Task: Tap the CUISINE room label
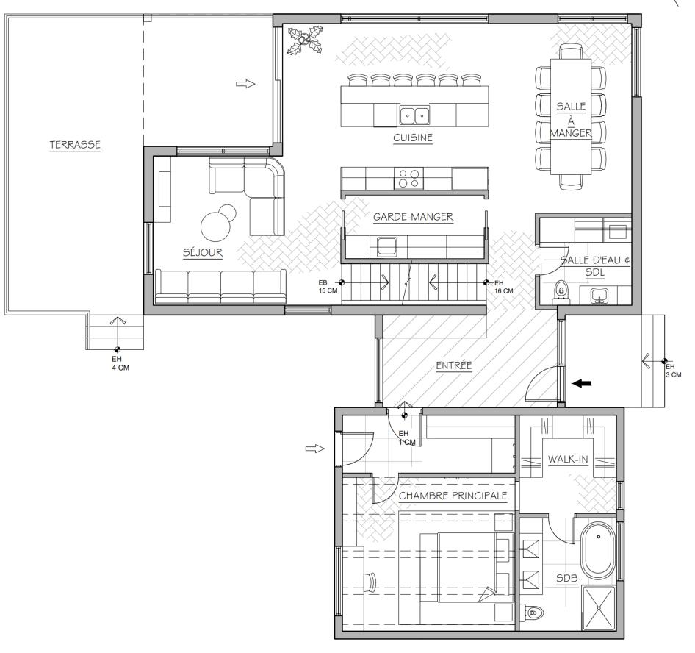click(x=411, y=137)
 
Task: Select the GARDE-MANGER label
click(x=412, y=217)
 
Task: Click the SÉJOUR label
click(x=202, y=253)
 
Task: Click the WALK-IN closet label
click(x=568, y=460)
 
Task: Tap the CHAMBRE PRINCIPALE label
click(x=453, y=496)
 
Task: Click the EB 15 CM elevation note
click(x=323, y=287)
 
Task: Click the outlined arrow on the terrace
click(x=245, y=85)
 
